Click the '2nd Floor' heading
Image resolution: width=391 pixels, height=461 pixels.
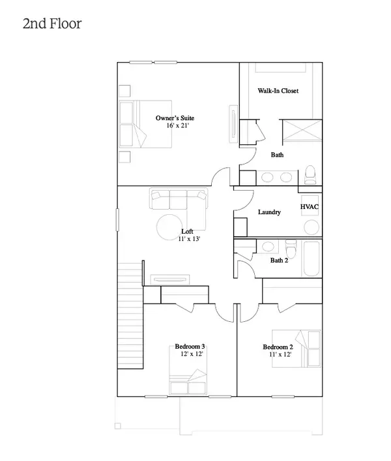click(x=52, y=24)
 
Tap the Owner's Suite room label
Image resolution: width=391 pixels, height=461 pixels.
click(x=175, y=118)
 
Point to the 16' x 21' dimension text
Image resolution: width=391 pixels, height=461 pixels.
click(x=178, y=125)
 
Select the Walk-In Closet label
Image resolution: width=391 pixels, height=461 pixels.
click(x=278, y=91)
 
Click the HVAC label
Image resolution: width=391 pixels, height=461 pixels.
click(x=310, y=207)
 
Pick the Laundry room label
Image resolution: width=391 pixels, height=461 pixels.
click(x=269, y=212)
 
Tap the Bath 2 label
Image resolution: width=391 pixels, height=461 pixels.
click(x=279, y=260)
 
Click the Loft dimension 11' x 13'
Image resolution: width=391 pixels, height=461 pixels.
click(x=189, y=239)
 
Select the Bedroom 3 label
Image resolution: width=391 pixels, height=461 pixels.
click(x=190, y=346)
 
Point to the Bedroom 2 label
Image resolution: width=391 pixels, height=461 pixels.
click(x=278, y=347)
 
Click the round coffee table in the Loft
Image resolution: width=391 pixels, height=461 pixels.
click(x=169, y=227)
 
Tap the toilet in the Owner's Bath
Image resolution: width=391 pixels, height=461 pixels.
click(x=310, y=174)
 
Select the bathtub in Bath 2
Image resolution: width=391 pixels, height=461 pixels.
click(x=311, y=259)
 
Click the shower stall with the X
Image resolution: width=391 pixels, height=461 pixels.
click(x=302, y=130)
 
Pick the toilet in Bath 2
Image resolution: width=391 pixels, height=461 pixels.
click(x=291, y=248)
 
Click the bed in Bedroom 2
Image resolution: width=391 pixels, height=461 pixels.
click(x=297, y=349)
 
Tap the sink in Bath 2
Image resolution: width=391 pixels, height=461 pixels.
click(x=268, y=246)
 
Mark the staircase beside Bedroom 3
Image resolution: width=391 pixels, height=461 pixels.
click(x=130, y=315)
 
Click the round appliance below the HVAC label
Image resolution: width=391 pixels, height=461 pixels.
click(x=311, y=227)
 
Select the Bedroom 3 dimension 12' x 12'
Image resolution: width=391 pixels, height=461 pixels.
click(x=192, y=354)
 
